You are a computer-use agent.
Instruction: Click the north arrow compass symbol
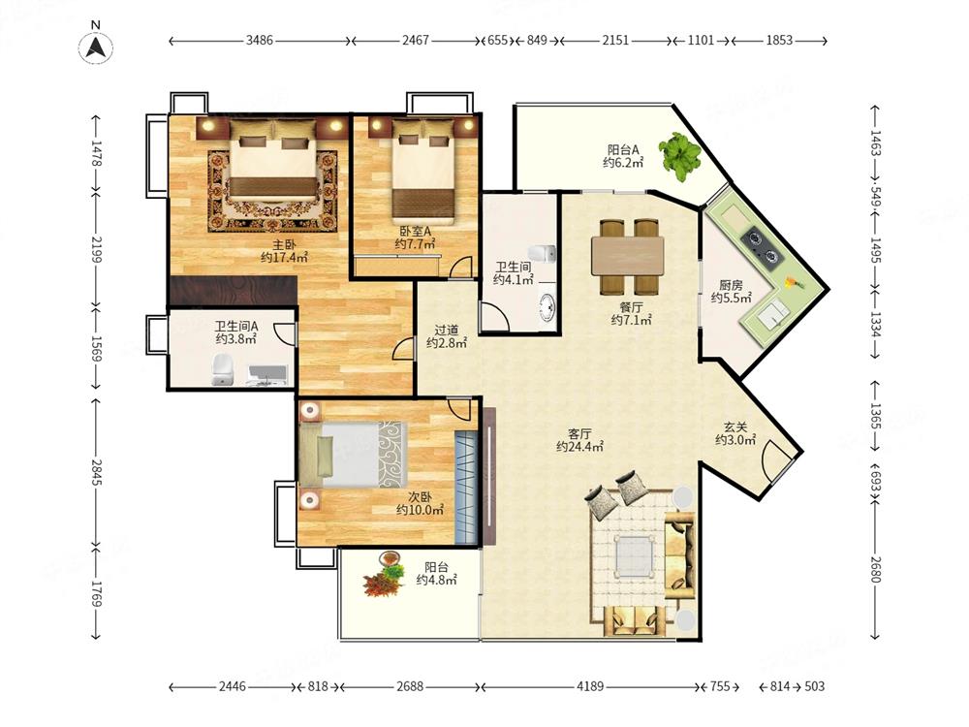[x=96, y=47]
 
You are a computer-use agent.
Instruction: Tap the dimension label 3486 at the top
[x=260, y=40]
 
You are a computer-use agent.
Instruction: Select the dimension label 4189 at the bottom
[x=590, y=686]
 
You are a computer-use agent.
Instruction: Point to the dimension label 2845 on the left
[x=96, y=472]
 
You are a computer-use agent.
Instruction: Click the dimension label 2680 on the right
[x=874, y=569]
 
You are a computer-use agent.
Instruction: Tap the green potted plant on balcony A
[x=680, y=156]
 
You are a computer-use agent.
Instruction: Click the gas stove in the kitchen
[x=762, y=246]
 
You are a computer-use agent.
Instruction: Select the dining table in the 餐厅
[x=627, y=256]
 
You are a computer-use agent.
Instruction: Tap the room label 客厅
[x=579, y=433]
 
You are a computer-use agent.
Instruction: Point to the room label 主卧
[x=284, y=245]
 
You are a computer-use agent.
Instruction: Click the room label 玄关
[x=735, y=427]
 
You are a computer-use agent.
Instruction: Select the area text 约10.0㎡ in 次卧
[x=420, y=511]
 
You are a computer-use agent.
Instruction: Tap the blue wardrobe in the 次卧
[x=467, y=488]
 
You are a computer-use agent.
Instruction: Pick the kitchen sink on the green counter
[x=772, y=314]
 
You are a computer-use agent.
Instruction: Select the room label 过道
[x=446, y=331]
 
